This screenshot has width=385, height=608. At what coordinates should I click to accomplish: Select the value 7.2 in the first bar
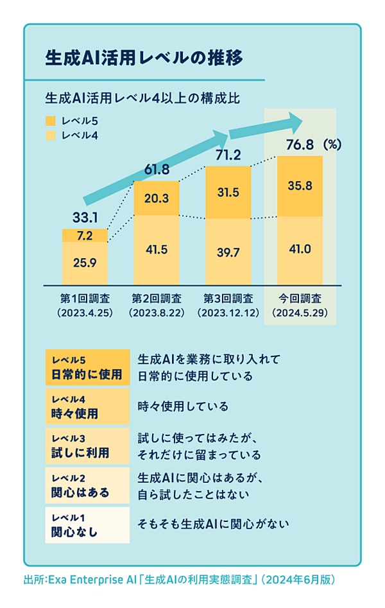85,236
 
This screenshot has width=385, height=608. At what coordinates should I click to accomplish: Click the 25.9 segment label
85,262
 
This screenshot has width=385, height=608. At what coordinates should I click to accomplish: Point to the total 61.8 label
157,170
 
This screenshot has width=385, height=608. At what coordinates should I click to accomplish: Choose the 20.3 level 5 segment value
157,198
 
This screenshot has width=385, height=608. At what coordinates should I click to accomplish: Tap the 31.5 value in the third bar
228,193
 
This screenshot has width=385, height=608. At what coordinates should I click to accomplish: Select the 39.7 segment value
228,252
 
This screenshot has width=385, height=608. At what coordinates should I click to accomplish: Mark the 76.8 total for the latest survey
299,145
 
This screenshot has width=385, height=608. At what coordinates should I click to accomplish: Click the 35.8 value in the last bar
300,186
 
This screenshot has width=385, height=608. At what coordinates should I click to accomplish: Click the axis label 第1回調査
85,299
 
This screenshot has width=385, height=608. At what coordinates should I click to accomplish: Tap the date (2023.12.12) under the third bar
228,313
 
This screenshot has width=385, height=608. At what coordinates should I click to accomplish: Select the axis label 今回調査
300,299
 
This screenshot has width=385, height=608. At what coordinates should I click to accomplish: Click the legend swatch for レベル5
51,120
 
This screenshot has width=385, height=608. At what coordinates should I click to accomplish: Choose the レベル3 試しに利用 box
87,446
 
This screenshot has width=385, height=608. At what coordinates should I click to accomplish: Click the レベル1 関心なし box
87,525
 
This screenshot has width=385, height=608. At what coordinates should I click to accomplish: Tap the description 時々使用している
184,406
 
